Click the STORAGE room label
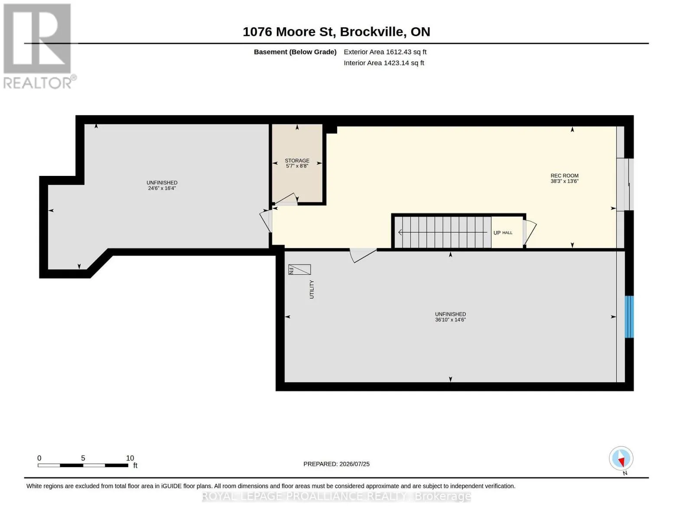[297, 160]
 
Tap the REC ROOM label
[564, 175]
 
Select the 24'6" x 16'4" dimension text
[162, 188]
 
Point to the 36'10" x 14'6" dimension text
[450, 320]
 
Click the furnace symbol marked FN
[299, 270]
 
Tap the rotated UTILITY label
[312, 289]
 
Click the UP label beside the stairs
[497, 233]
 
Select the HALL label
[507, 233]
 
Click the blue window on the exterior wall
[629, 317]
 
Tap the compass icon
[621, 458]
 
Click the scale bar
[83, 465]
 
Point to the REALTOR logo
[39, 46]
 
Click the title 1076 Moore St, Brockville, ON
[336, 32]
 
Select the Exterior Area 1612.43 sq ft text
[385, 52]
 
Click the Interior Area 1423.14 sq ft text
[384, 63]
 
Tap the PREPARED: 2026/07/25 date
[336, 464]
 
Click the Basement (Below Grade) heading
[295, 52]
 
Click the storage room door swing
[286, 199]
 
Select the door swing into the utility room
[363, 255]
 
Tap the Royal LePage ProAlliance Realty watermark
[336, 497]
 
